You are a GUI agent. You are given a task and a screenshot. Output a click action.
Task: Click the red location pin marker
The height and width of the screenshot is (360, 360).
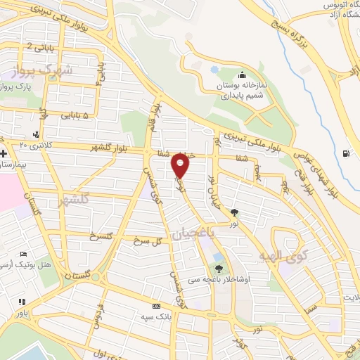(x=181, y=166)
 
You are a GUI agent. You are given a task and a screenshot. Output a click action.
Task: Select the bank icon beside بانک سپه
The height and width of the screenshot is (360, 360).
(x=156, y=306)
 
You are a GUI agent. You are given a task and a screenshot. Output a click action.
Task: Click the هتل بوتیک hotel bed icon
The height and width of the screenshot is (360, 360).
(x=24, y=254)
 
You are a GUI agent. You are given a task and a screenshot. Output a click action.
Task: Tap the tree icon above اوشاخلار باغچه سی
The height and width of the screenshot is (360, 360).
(x=219, y=267)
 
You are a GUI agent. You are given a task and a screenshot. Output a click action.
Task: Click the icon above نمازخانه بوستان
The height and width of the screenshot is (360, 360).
(x=242, y=76)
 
